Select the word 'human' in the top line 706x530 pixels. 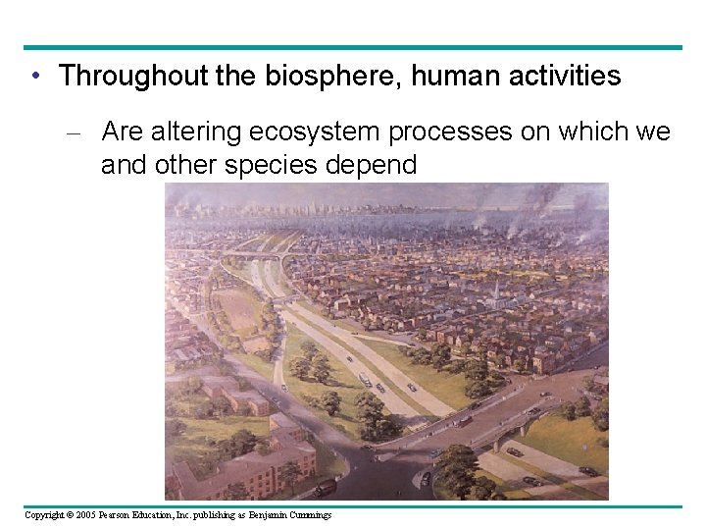click(x=458, y=77)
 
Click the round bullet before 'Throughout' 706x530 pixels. click(x=34, y=77)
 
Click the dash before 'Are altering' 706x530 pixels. click(x=83, y=132)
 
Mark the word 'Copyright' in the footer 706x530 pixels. click(x=45, y=515)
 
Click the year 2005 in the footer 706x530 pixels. click(x=84, y=515)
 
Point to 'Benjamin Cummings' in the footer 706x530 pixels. click(x=291, y=515)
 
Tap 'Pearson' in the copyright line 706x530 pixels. click(x=117, y=515)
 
